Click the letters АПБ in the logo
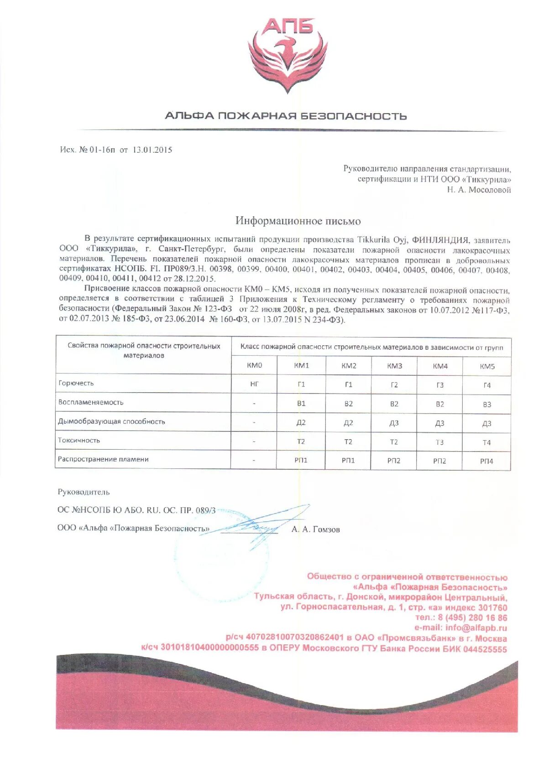coord(287,26)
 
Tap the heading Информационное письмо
coord(298,221)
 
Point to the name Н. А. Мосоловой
coord(479,190)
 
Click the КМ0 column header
coord(254,365)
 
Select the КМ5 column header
coord(487,366)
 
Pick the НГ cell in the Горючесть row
coord(254,384)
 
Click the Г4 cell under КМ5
coord(487,385)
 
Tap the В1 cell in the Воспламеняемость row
coord(301,404)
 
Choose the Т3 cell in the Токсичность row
coord(439,442)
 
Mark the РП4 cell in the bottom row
coord(486,461)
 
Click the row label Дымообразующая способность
coord(111,421)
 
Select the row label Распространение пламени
coord(103,459)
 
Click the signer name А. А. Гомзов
coord(316,529)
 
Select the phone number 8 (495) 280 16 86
coord(472,618)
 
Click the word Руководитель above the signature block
coord(84,492)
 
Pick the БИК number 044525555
coord(485,649)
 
